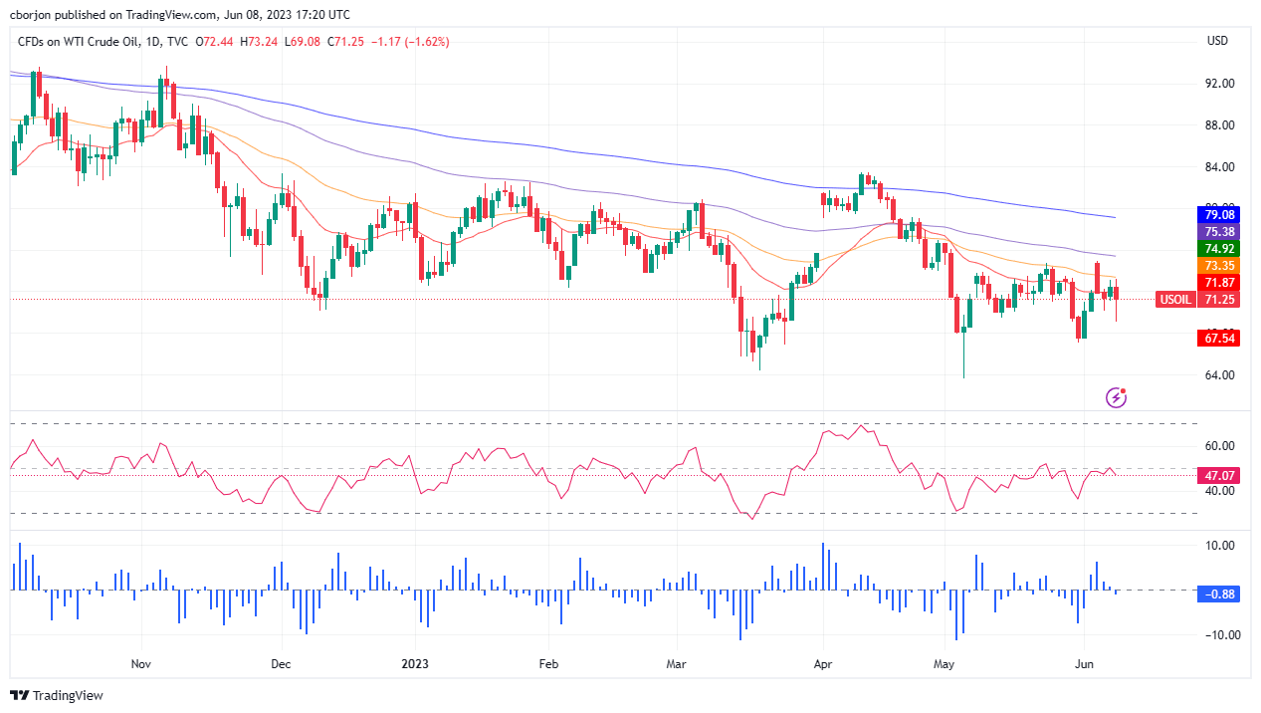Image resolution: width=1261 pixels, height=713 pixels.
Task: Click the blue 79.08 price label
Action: click(x=1219, y=214)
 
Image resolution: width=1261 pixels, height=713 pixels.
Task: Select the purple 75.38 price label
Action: click(x=1219, y=231)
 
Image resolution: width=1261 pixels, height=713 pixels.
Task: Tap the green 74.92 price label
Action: click(x=1219, y=249)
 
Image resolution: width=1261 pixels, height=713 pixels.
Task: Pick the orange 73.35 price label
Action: click(x=1219, y=266)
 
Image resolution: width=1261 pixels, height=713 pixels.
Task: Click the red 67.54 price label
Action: click(x=1219, y=339)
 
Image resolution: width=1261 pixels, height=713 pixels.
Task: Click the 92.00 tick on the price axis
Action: click(x=1219, y=84)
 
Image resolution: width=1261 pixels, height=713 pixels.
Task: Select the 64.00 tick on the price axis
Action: click(x=1219, y=375)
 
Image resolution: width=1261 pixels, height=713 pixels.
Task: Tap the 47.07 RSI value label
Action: click(x=1219, y=476)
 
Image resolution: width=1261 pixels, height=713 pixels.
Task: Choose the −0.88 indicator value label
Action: click(x=1219, y=594)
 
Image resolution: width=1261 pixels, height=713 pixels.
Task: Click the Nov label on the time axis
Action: click(x=139, y=663)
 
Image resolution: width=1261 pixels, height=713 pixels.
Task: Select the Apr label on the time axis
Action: click(x=822, y=663)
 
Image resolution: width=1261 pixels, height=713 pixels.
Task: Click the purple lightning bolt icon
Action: click(x=1117, y=398)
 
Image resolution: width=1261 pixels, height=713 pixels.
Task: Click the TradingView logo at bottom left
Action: click(x=57, y=695)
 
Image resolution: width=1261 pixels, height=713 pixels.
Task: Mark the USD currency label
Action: click(x=1216, y=41)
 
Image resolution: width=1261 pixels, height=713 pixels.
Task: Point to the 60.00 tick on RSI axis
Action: click(x=1219, y=446)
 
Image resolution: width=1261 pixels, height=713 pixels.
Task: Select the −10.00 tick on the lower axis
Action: click(x=1217, y=635)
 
